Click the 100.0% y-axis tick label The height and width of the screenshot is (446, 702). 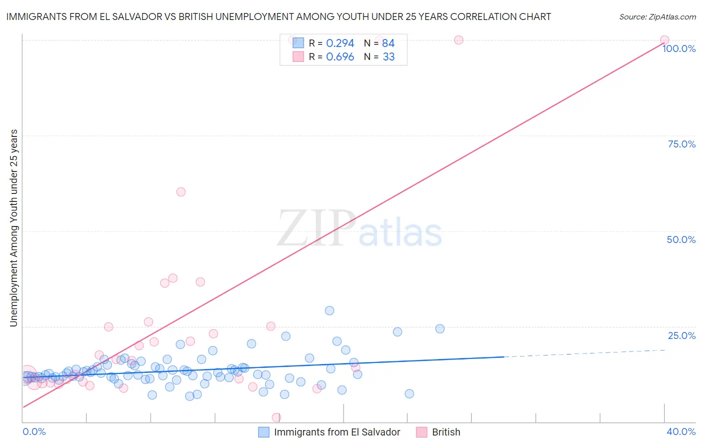679,48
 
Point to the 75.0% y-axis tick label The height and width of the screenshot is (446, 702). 682,144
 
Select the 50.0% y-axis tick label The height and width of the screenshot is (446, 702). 681,239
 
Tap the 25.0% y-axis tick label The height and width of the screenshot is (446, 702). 682,335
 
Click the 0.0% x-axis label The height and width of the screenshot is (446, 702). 34,431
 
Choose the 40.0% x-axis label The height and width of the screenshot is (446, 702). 681,431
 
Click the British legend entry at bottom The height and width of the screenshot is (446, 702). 446,432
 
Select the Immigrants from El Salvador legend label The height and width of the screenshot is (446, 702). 337,432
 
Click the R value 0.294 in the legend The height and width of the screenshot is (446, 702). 340,43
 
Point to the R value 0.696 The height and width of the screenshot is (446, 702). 340,57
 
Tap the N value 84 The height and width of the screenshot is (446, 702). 388,43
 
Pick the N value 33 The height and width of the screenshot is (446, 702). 388,57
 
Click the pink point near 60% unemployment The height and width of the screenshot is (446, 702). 181,192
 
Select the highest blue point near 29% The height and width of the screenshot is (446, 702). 330,310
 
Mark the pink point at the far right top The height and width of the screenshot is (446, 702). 665,40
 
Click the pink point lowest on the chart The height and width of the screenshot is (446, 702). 276,417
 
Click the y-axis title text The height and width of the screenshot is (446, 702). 13,228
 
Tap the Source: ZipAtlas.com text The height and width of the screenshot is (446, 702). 657,17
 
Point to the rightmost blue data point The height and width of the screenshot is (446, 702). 440,328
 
